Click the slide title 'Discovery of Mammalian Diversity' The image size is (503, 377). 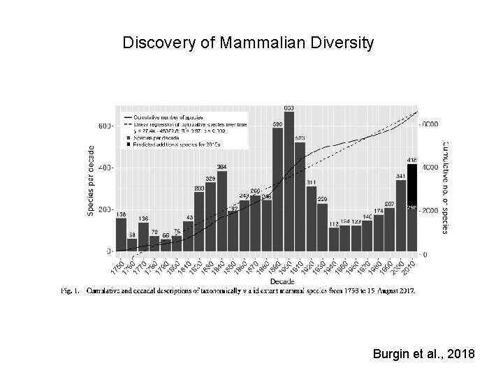(x=248, y=43)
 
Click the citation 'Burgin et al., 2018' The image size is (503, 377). (x=424, y=355)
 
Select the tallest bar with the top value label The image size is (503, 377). (x=289, y=182)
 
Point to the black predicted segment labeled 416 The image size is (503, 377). (x=412, y=185)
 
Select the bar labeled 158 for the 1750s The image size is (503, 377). (x=121, y=235)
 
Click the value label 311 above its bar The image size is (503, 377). (x=311, y=182)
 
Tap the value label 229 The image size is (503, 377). (x=322, y=198)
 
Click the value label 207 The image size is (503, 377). (x=389, y=203)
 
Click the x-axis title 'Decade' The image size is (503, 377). (x=266, y=282)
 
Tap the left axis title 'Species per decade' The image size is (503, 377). (x=91, y=180)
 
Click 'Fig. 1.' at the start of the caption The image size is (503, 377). (x=72, y=291)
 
